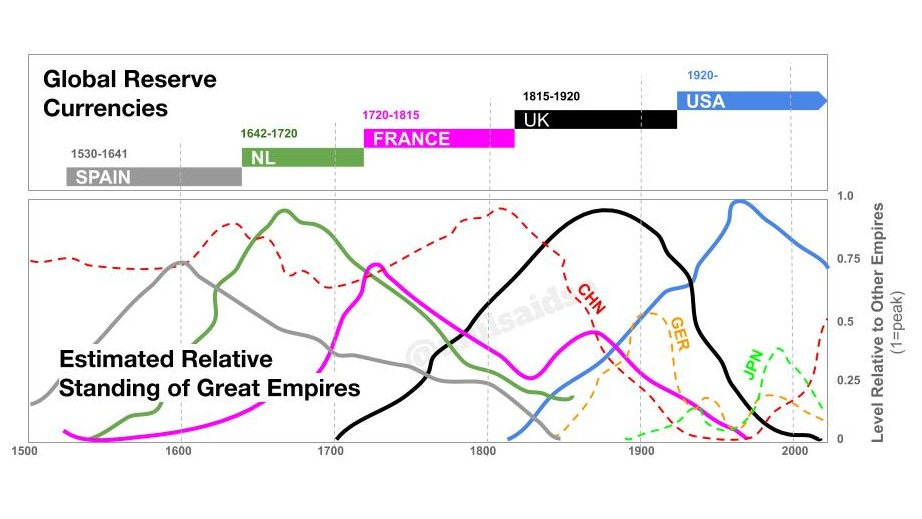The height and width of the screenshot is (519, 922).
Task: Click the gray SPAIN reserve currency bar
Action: pos(154,176)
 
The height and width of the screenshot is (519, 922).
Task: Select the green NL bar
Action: pos(302,157)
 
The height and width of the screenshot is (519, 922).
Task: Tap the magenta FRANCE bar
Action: pos(439,138)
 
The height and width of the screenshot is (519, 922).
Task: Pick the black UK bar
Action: pos(595,119)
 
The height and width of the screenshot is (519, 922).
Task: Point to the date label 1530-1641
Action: pos(99,155)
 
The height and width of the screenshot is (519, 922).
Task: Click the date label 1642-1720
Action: pos(269,134)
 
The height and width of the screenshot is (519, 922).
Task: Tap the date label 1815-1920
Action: pos(551,96)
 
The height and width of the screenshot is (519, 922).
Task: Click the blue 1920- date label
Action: pos(704,75)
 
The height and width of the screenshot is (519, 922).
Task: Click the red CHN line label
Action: pos(592,298)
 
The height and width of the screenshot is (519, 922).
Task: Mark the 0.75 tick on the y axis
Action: pos(848,258)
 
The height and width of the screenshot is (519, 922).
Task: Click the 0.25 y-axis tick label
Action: pos(848,380)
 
